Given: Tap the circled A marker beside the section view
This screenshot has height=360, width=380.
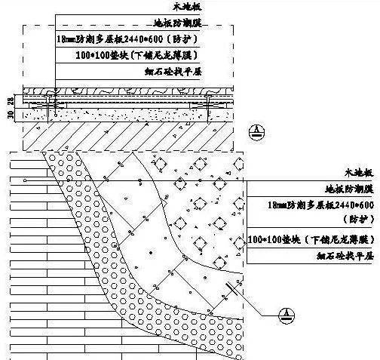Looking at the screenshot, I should tap(256, 131).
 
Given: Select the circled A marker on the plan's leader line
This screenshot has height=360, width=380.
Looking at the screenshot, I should tap(286, 313).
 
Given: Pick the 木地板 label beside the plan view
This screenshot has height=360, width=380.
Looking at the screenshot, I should tap(358, 173).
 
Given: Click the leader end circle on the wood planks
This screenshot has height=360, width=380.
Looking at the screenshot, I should tap(25, 180).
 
